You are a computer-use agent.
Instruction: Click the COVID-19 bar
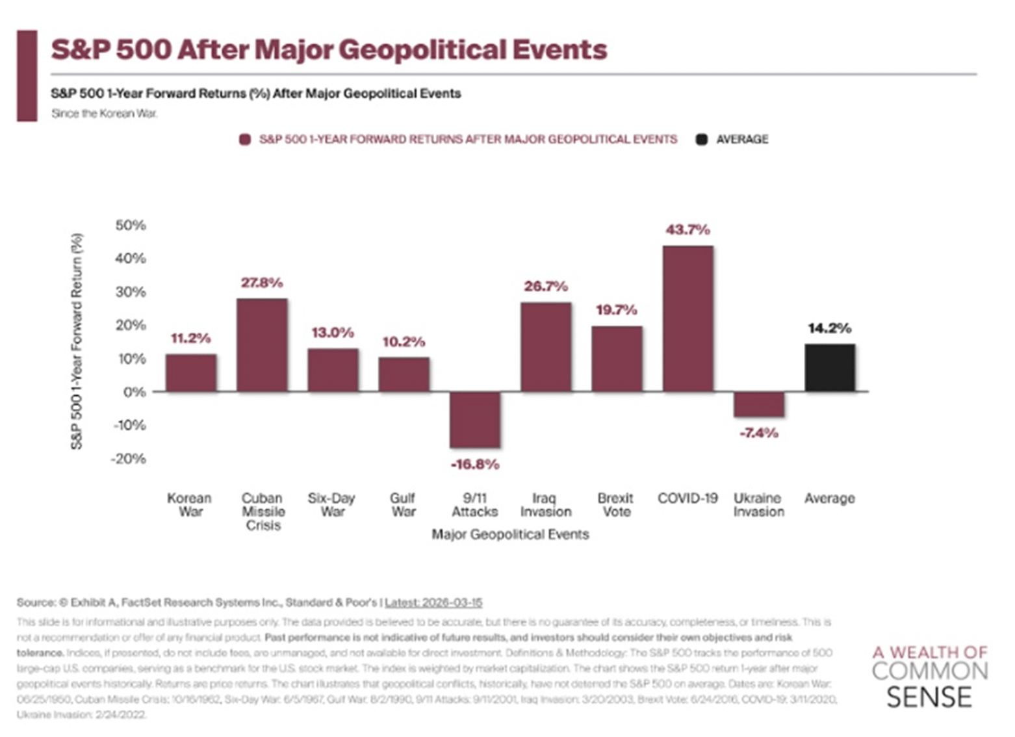(x=687, y=318)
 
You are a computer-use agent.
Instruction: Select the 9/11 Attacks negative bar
(x=475, y=419)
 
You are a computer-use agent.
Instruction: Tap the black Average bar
(x=830, y=368)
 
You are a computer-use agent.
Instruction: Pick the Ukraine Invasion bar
(x=758, y=404)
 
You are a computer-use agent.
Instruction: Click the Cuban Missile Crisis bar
(x=262, y=345)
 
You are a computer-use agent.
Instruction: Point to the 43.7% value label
(x=687, y=229)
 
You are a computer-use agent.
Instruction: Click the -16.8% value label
(x=475, y=464)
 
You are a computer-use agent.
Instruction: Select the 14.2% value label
(x=829, y=328)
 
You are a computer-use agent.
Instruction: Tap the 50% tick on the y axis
(x=131, y=226)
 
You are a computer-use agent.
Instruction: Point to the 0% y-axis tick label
(x=135, y=392)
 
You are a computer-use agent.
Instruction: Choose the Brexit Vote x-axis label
(x=615, y=505)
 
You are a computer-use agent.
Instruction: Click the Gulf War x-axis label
(x=403, y=505)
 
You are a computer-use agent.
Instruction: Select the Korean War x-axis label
(x=190, y=505)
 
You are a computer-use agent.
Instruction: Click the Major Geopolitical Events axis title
(x=510, y=534)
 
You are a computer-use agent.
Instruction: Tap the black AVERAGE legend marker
(x=702, y=140)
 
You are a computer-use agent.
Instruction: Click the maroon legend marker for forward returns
(x=245, y=140)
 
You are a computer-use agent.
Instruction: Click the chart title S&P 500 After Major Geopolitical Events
(x=329, y=50)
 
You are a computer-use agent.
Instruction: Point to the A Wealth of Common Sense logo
(x=929, y=676)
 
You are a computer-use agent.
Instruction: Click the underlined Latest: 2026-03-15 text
(x=433, y=602)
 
